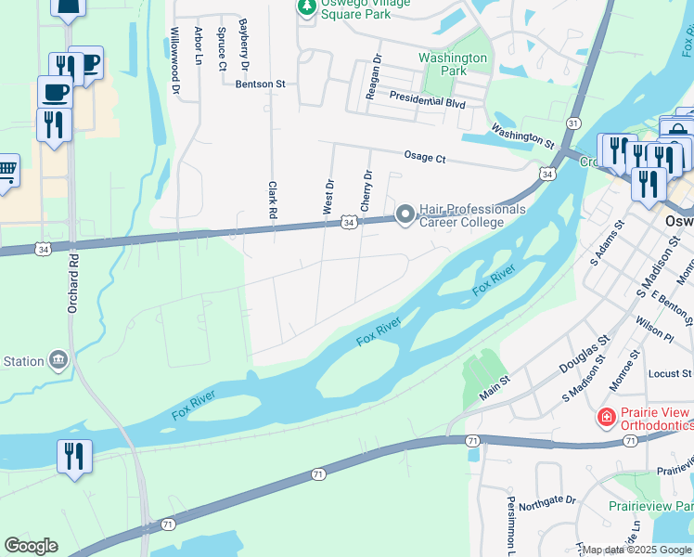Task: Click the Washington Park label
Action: point(453,64)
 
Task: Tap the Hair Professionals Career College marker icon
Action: point(405,214)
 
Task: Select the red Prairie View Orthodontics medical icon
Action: point(607,418)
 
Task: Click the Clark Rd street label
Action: point(273,200)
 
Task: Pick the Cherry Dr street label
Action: point(366,189)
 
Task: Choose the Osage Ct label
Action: point(425,158)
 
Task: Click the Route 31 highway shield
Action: point(573,123)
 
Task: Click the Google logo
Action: point(31,546)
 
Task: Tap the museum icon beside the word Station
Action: point(58,360)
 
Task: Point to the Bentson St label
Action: point(260,84)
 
